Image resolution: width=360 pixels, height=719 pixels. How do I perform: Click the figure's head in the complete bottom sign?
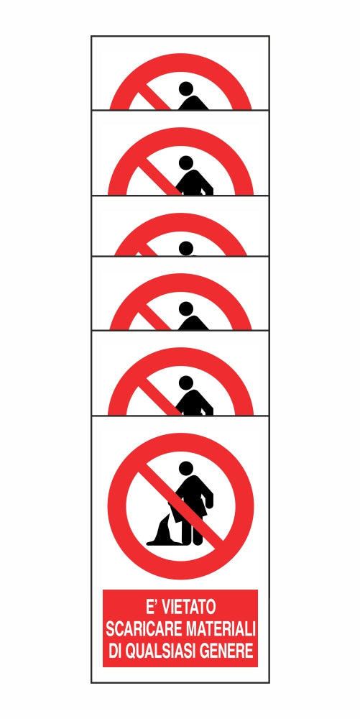point(185,468)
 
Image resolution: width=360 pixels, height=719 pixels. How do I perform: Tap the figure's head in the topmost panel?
point(185,88)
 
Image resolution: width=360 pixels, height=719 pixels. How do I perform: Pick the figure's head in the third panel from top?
point(185,248)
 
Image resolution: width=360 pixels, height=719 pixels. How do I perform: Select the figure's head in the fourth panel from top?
point(185,308)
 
